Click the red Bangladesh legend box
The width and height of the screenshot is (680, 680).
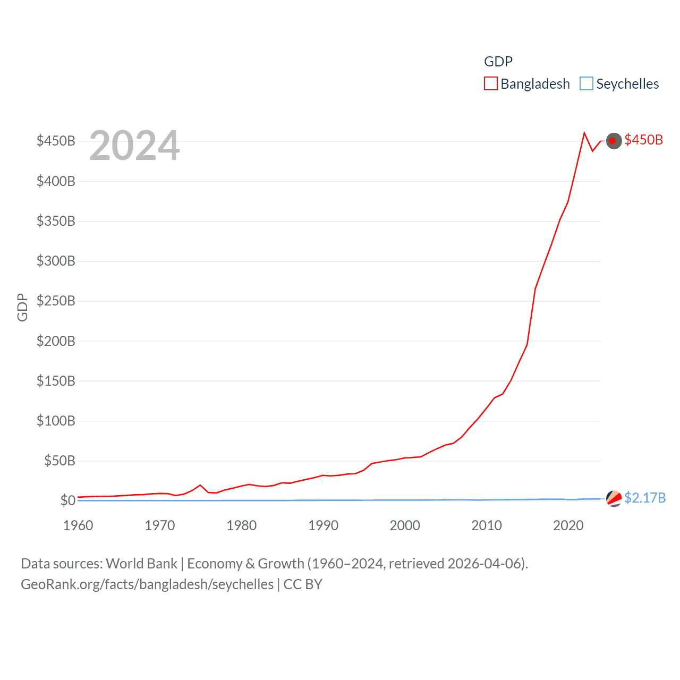pos(490,84)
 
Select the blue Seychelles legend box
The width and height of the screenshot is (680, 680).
pos(586,84)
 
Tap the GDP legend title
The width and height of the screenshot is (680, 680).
pos(498,62)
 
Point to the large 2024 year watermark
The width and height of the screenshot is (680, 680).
pos(134,146)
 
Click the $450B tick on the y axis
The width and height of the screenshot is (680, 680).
pos(56,141)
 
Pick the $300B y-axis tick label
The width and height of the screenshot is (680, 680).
pos(56,261)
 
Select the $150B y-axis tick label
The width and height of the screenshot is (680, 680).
pos(56,381)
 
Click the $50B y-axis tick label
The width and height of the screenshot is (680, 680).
pos(59,461)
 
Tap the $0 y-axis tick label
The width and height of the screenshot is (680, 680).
pos(67,500)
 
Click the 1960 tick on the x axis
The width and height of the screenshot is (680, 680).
pos(78,525)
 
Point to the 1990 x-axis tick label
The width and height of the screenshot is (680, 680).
pos(323,525)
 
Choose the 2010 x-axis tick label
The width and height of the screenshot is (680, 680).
pos(487,525)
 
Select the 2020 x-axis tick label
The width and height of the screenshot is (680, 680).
pos(568,525)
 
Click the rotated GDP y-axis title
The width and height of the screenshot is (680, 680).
pos(22,307)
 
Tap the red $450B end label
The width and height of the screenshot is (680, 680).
pos(643,140)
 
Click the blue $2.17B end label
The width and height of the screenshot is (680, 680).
pos(645,498)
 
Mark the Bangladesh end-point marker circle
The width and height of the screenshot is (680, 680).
pos(614,141)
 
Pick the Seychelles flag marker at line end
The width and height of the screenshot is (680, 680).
pos(614,498)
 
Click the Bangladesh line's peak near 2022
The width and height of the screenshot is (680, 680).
pos(584,133)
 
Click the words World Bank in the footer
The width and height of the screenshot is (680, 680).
pos(141,564)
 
